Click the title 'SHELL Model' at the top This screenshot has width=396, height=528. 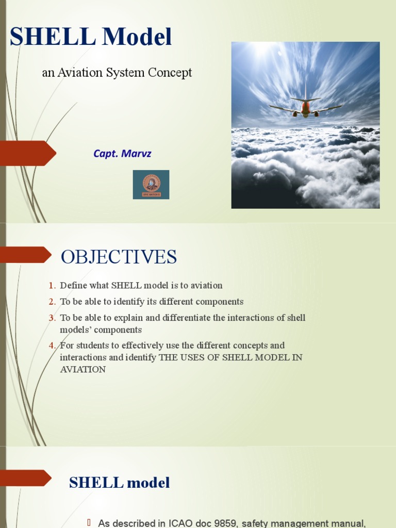(x=91, y=37)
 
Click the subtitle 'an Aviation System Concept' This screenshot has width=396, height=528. (x=117, y=73)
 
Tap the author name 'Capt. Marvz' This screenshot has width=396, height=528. (x=122, y=154)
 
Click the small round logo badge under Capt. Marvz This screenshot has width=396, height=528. (x=151, y=184)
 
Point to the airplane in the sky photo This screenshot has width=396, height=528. (x=305, y=106)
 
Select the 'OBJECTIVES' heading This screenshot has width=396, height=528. (x=119, y=257)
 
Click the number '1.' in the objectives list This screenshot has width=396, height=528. (x=52, y=285)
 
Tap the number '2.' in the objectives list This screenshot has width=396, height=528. (x=52, y=302)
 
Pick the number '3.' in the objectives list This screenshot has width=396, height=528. (x=52, y=318)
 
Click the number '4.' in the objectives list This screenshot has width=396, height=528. (x=52, y=345)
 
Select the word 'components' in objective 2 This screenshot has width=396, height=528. (x=216, y=302)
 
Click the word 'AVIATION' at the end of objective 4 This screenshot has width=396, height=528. (x=82, y=369)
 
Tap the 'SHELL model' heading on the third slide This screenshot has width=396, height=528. (x=119, y=483)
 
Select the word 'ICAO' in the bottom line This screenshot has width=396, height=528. (x=181, y=523)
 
